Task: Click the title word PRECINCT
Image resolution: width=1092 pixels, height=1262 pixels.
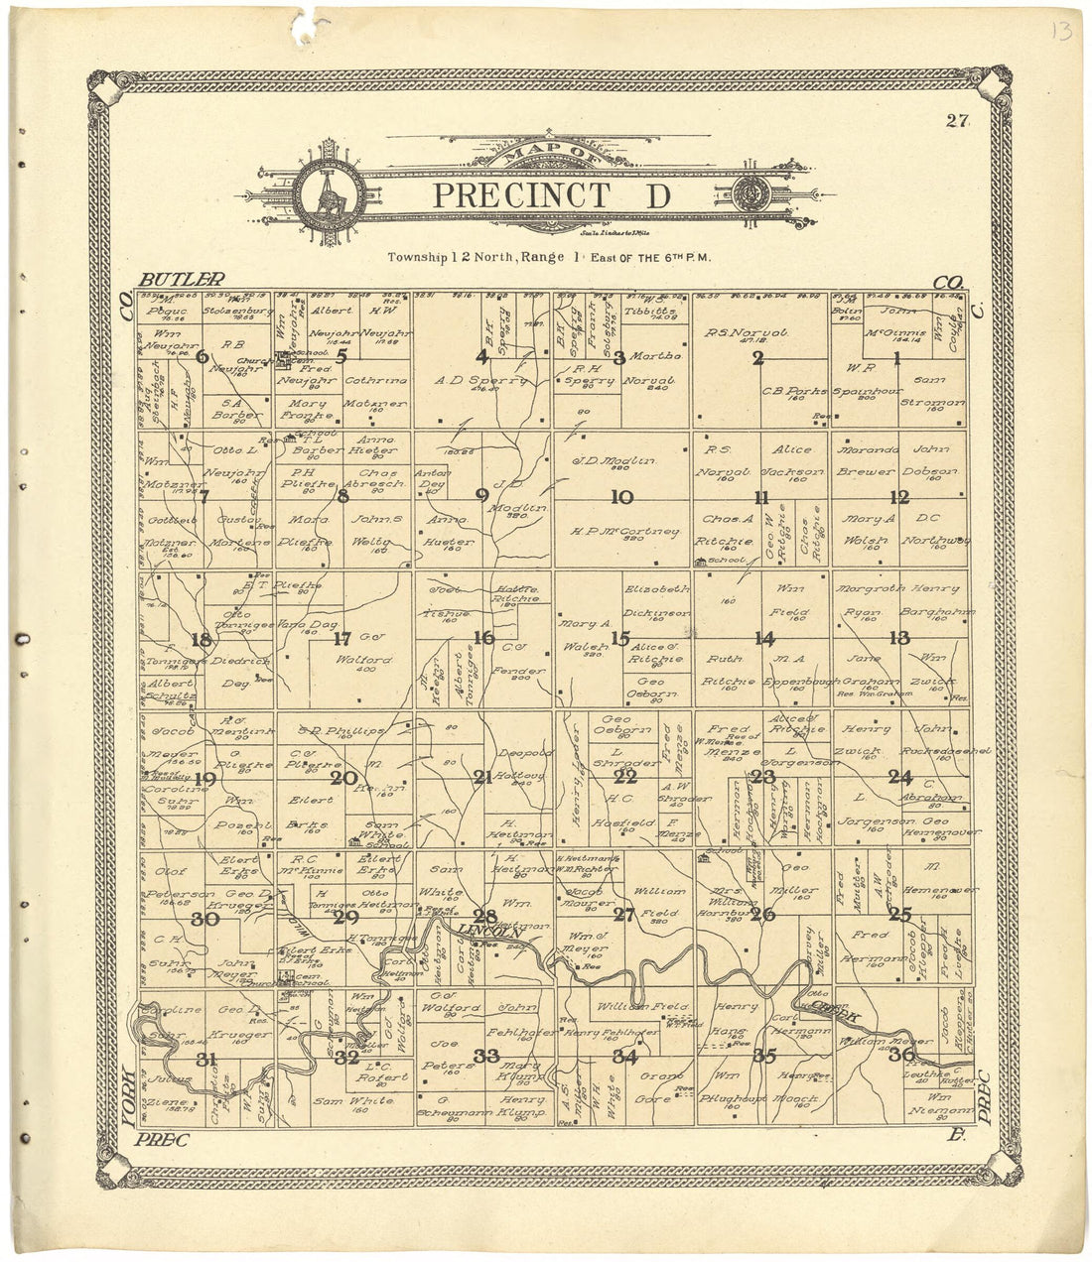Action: (520, 195)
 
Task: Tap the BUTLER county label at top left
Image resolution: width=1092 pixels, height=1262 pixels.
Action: (183, 280)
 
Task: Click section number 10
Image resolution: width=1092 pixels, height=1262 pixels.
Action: (622, 497)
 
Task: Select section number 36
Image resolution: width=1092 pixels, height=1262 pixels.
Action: (901, 1055)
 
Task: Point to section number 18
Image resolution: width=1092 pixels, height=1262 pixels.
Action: (202, 640)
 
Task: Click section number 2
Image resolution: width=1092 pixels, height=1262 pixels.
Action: (757, 359)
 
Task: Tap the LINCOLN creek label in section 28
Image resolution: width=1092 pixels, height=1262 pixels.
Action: (489, 932)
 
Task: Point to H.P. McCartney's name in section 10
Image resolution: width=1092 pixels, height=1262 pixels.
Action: (625, 532)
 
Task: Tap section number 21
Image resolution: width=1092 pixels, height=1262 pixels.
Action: (482, 778)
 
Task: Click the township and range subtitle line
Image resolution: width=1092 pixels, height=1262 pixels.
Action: (562, 257)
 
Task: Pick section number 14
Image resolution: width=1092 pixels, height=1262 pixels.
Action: (763, 640)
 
